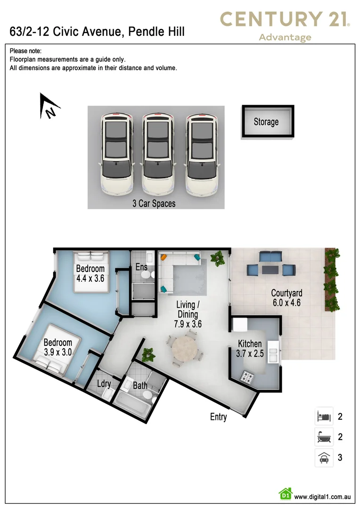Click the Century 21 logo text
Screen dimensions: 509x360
(285, 19)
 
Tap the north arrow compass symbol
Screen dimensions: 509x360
(49, 107)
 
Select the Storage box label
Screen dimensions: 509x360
(266, 122)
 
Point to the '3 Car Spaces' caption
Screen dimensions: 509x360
(154, 204)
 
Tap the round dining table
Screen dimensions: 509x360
(185, 349)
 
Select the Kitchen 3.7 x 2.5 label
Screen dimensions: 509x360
(250, 349)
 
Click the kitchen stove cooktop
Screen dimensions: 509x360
(248, 376)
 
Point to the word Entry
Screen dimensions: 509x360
(219, 417)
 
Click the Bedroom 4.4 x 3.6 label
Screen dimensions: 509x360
(90, 274)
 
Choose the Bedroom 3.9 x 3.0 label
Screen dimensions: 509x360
(58, 347)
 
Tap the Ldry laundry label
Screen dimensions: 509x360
(104, 384)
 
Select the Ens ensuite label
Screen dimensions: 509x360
(141, 267)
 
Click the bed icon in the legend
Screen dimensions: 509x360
(324, 417)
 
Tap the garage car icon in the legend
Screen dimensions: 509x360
(324, 458)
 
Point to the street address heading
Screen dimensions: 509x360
(97, 32)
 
